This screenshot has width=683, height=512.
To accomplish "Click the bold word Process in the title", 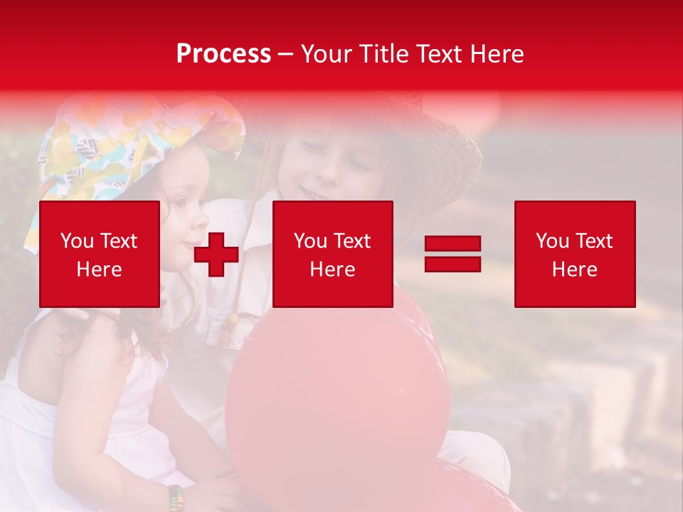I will coord(223,54).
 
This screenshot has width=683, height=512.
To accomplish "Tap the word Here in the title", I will coord(495,54).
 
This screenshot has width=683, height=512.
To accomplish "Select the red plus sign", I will coord(216,255).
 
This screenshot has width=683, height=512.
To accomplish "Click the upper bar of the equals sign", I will coord(452,244).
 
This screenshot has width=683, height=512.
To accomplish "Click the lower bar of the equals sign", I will coord(452,264).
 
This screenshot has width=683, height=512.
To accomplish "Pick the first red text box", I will coord(99,254).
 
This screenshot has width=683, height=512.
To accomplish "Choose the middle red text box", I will coord(332,254).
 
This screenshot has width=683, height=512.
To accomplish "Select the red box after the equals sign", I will coord(574,254).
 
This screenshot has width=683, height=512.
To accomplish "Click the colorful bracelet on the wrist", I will coord(176,497).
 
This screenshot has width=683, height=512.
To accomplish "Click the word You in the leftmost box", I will coord(76,241).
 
